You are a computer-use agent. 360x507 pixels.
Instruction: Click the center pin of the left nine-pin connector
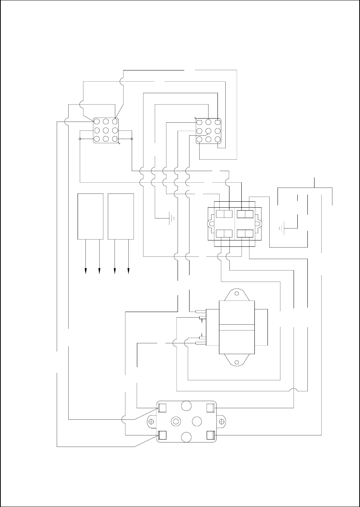(x=106, y=130)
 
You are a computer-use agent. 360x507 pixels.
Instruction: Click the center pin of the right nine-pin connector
(x=209, y=130)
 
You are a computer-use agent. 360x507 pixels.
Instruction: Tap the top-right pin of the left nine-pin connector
(x=115, y=122)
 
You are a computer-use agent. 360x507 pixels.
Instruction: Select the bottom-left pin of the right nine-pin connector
(x=200, y=139)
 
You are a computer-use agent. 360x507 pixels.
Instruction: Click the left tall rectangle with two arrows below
(x=90, y=216)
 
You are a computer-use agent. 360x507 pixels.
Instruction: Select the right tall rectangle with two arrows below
(x=121, y=216)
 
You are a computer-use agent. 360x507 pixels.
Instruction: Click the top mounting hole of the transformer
(x=236, y=293)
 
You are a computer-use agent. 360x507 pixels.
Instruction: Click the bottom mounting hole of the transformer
(x=236, y=361)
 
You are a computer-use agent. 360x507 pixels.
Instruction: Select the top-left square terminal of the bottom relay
(x=162, y=407)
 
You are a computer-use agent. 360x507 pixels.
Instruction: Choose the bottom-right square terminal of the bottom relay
(x=210, y=435)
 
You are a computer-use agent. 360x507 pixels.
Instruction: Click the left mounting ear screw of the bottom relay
(x=151, y=422)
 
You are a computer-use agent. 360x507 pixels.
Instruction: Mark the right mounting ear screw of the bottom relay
(x=222, y=422)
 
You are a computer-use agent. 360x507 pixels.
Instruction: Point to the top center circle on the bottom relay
(x=186, y=406)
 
